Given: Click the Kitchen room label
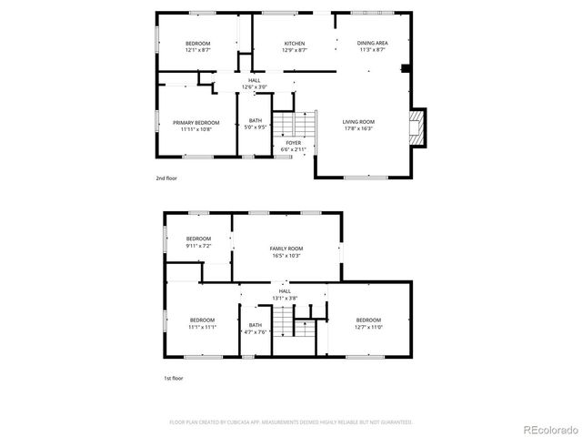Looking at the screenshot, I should tap(294, 44).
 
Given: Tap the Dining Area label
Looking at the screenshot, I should tap(372, 44).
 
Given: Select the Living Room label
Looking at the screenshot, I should tap(358, 122).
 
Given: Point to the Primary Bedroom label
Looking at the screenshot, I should tap(196, 122).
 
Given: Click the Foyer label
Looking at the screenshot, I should tap(294, 143).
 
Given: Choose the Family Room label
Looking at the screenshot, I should tap(286, 249).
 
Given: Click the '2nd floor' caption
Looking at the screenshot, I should tap(166, 178).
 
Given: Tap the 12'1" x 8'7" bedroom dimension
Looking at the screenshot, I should tap(198, 51).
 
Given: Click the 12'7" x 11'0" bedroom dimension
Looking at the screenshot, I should tap(368, 327).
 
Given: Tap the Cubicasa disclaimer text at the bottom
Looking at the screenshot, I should tap(291, 422).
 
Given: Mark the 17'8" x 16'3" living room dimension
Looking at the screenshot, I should tap(358, 128).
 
